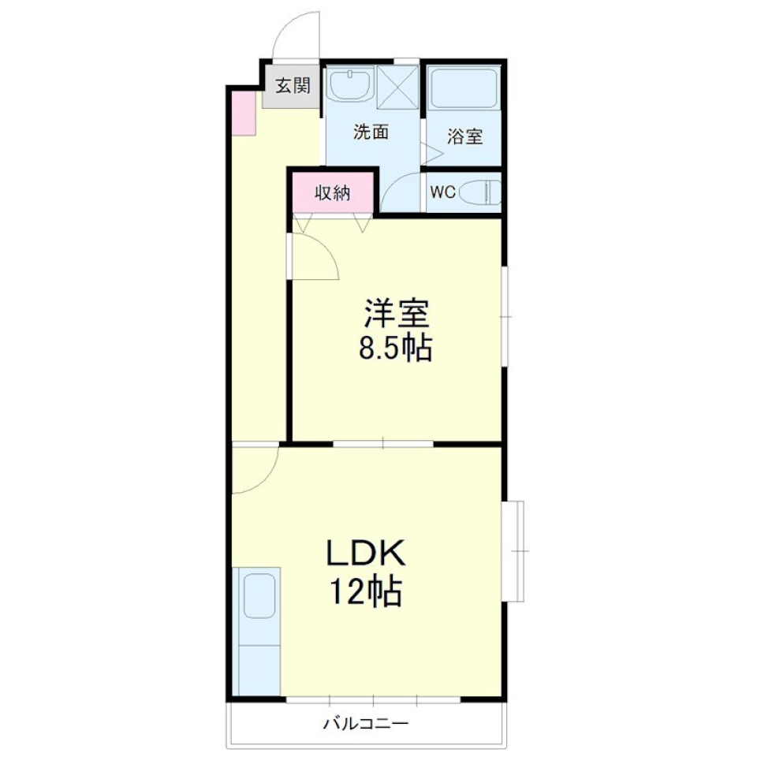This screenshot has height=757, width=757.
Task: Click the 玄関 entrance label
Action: (292, 85)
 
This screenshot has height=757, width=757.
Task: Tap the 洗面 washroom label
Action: (370, 132)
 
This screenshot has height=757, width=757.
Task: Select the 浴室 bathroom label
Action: (464, 136)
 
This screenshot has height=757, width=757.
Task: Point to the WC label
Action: (442, 192)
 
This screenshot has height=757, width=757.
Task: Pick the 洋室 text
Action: (396, 315)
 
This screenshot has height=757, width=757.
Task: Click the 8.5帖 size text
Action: (396, 348)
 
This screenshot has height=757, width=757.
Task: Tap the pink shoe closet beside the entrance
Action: (244, 114)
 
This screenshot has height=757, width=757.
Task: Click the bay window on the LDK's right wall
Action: (515, 550)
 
